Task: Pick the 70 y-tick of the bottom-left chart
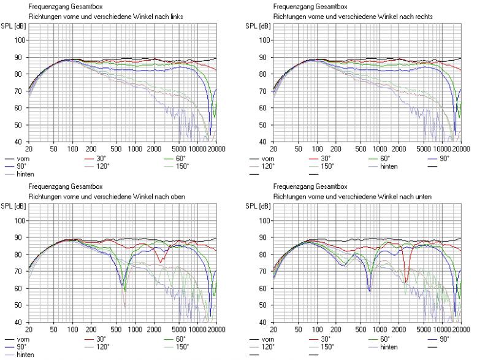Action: click(20, 272)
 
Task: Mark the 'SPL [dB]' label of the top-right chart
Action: click(256, 26)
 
